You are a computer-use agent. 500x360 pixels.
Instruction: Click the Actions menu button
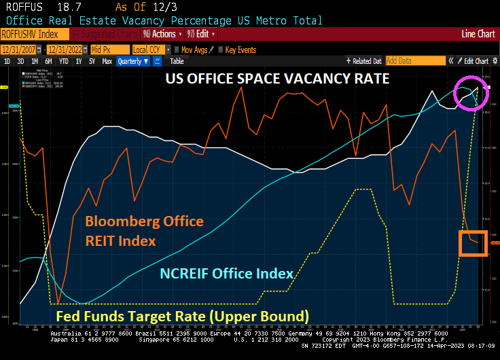point(162,34)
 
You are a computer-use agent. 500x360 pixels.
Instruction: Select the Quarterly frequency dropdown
point(133,61)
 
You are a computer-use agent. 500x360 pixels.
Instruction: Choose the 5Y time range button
point(92,61)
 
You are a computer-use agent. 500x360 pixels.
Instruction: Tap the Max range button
point(107,61)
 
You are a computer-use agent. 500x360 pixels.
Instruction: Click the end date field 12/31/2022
point(67,50)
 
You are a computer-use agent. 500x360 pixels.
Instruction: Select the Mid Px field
point(109,50)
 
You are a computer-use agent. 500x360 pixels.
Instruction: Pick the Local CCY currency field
point(148,50)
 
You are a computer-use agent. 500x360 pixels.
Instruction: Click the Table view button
point(177,61)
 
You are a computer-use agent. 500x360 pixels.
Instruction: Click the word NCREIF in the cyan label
point(187,274)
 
